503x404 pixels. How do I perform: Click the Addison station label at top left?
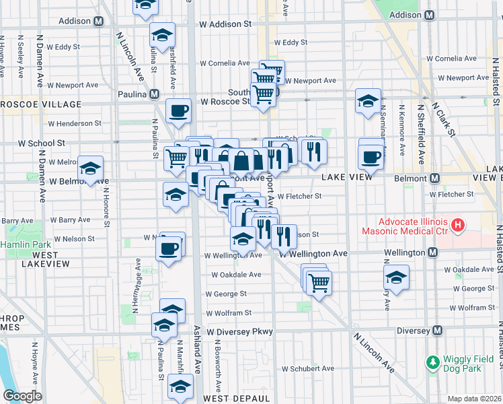click(x=74, y=21)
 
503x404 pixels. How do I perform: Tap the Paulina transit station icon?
click(x=155, y=94)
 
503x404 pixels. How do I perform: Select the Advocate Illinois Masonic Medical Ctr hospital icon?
click(x=458, y=225)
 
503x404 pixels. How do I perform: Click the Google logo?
click(x=22, y=396)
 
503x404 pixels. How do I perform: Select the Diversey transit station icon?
click(x=438, y=331)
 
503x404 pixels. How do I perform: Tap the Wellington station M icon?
click(x=432, y=252)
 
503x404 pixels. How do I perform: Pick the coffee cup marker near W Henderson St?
click(x=178, y=111)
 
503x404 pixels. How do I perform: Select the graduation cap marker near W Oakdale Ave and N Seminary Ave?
click(x=397, y=277)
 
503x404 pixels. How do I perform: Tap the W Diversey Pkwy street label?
click(x=239, y=332)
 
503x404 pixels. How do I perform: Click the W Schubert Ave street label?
click(x=307, y=369)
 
